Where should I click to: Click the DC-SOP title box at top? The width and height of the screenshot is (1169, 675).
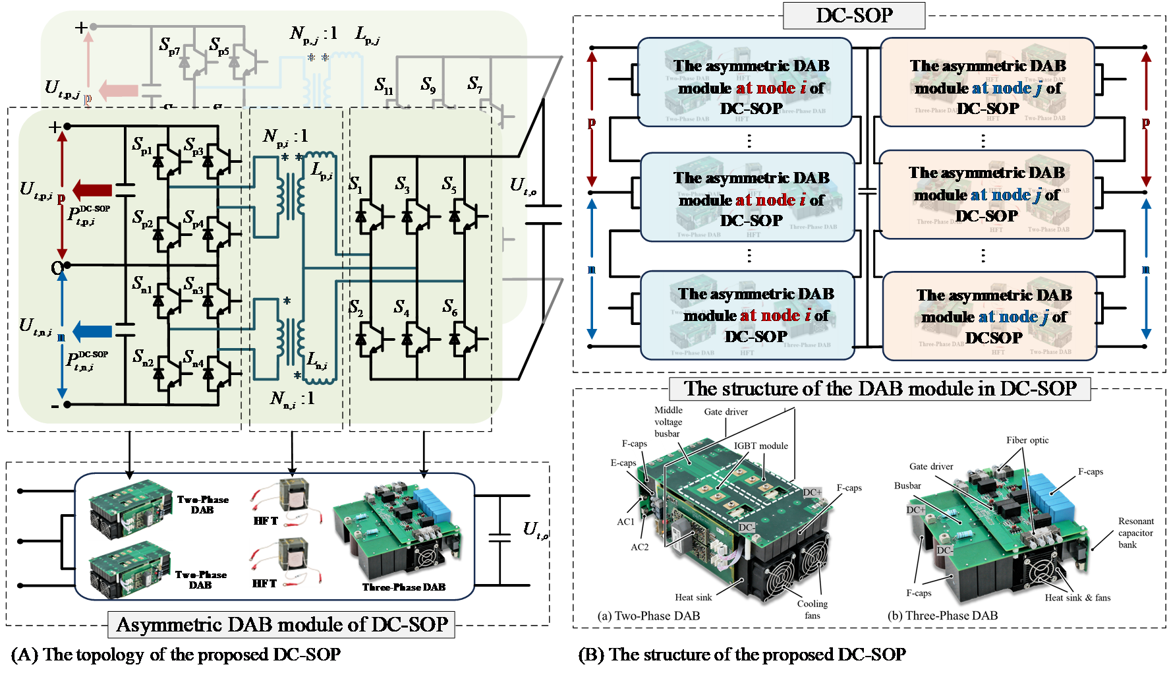pyautogui.click(x=853, y=15)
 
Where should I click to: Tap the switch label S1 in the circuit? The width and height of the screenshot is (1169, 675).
pyautogui.click(x=355, y=185)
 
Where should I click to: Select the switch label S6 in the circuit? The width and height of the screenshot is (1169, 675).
pyautogui.click(x=449, y=307)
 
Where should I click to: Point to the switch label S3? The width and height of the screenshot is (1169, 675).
pyautogui.click(x=402, y=185)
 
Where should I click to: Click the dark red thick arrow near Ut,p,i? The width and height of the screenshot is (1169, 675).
pyautogui.click(x=92, y=189)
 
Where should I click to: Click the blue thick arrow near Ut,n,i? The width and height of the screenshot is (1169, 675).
pyautogui.click(x=92, y=330)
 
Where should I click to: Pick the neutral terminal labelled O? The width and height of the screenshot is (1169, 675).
pyautogui.click(x=57, y=267)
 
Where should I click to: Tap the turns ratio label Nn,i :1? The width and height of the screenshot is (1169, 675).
pyautogui.click(x=292, y=398)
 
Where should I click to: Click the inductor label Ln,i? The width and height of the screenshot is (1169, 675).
pyautogui.click(x=317, y=361)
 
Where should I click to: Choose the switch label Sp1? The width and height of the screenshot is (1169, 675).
pyautogui.click(x=142, y=145)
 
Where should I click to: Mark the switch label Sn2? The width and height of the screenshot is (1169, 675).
pyautogui.click(x=142, y=357)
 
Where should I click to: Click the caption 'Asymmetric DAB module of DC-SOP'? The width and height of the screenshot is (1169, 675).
pyautogui.click(x=281, y=624)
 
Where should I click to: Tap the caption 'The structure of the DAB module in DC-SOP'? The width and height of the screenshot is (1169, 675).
pyautogui.click(x=880, y=388)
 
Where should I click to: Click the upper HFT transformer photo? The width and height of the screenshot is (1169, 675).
pyautogui.click(x=285, y=502)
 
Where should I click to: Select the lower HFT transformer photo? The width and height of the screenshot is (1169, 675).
pyautogui.click(x=285, y=562)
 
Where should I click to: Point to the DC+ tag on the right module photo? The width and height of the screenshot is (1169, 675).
pyautogui.click(x=915, y=510)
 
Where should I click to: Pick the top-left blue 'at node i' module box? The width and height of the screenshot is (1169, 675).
pyautogui.click(x=745, y=82)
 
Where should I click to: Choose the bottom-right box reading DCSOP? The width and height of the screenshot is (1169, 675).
pyautogui.click(x=990, y=316)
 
